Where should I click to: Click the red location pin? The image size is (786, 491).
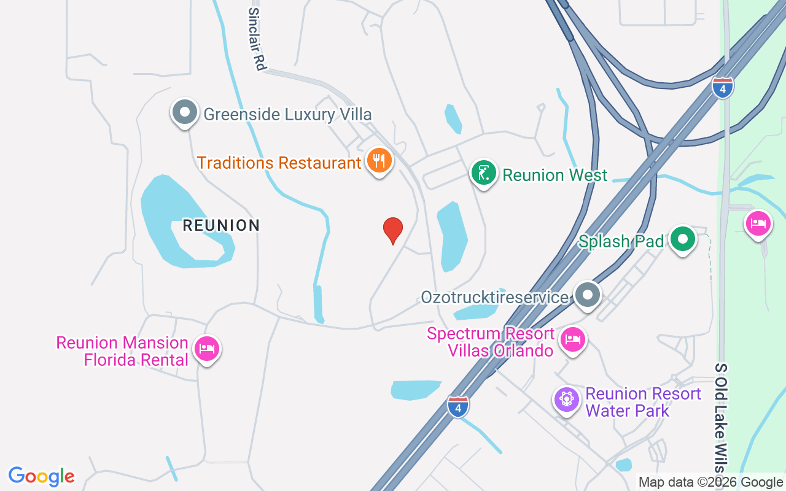(393, 230)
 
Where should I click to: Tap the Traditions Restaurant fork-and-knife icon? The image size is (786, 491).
(379, 161)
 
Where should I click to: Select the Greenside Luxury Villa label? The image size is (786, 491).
(287, 114)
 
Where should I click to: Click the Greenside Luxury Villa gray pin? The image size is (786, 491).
(184, 112)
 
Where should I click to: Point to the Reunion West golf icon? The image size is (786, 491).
(484, 173)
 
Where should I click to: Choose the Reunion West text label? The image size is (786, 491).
(554, 175)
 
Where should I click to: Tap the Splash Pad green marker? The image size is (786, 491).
(682, 239)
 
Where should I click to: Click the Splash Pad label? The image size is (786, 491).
(621, 241)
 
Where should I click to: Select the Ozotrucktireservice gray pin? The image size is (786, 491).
(588, 295)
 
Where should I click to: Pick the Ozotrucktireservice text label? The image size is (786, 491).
(494, 298)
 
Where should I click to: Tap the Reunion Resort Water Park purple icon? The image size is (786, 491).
(566, 400)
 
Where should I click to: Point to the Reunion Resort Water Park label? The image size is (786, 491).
(644, 402)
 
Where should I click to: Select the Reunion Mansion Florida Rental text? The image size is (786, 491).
(122, 351)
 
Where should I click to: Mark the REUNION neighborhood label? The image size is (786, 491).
(221, 225)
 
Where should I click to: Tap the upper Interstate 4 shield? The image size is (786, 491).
(723, 88)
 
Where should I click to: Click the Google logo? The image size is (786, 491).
(42, 476)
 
